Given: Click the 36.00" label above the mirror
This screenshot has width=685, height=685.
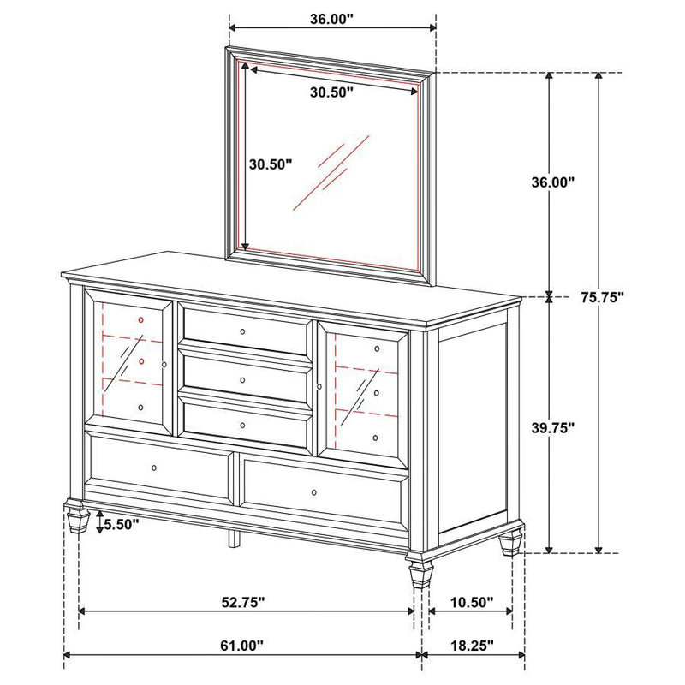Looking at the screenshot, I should click(333, 19).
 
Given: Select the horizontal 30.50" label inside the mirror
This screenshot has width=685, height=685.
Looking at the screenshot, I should click(331, 94).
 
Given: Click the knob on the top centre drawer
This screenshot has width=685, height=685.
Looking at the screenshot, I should click(242, 331).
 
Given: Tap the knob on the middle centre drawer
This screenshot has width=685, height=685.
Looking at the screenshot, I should click(242, 379).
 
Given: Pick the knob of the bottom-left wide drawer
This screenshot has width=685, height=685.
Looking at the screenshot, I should click(154, 468).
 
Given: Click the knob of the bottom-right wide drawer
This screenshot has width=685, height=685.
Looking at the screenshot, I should click(314, 491).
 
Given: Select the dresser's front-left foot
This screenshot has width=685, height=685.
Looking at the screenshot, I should click(77, 518).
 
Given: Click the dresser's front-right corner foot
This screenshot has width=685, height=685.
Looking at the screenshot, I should click(420, 570).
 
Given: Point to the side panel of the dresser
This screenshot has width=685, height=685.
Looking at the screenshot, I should click(474, 428).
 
